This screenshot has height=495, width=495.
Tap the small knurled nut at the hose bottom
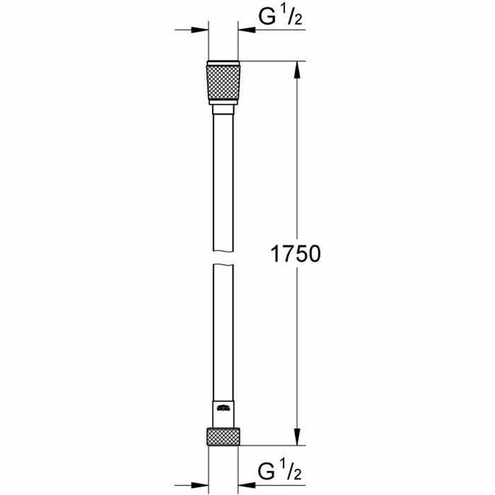coord(223,437)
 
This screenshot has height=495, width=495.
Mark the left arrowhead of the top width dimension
coord(200,30)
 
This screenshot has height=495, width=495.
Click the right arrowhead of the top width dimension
coord(246,30)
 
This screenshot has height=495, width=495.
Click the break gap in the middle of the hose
coord(223,258)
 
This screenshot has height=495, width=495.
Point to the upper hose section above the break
coord(223,181)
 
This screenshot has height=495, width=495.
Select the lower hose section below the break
coord(223,330)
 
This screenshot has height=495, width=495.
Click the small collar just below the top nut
coord(223,110)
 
